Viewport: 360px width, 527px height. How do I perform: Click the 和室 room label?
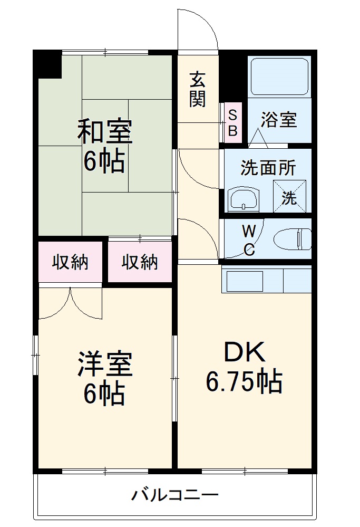(x=105, y=131)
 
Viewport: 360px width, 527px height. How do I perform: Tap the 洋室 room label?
(x=105, y=365)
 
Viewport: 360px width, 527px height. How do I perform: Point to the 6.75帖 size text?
(x=244, y=382)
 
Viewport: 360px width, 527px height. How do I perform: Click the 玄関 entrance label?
(x=197, y=90)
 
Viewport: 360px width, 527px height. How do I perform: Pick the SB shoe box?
(x=232, y=122)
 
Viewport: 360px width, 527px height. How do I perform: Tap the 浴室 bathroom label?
(x=279, y=120)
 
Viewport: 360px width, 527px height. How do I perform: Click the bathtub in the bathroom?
(x=279, y=77)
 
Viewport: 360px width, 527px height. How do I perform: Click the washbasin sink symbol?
(x=244, y=199)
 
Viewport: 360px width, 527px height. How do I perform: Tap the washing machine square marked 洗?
(x=289, y=197)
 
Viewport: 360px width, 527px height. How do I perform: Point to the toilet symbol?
(x=293, y=238)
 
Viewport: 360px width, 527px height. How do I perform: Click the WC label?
(x=249, y=240)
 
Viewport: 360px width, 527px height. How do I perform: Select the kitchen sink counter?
(x=267, y=280)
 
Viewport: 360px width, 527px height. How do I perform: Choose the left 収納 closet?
(x=70, y=262)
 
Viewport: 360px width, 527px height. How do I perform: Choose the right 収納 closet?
(x=140, y=262)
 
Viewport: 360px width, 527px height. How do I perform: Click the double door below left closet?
(x=70, y=303)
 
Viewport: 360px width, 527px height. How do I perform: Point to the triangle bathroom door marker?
(x=258, y=138)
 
